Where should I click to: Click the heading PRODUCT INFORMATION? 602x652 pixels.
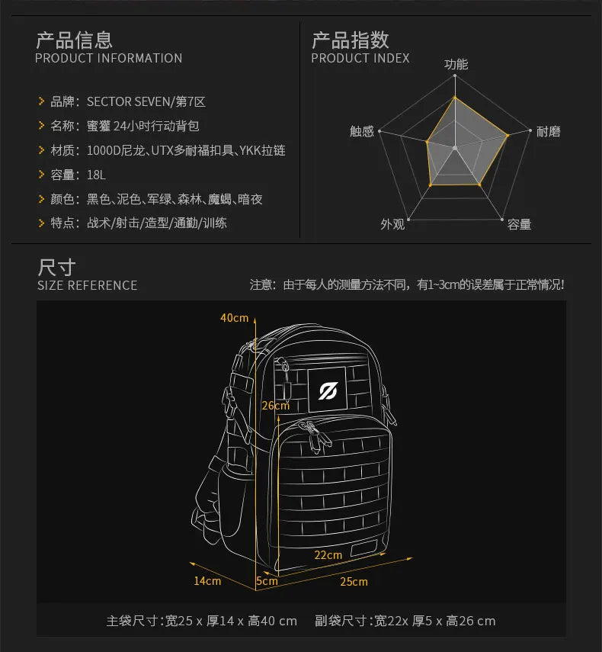pyautogui.click(x=108, y=58)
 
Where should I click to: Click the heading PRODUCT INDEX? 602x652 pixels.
pyautogui.click(x=360, y=58)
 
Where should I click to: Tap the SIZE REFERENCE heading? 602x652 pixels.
pyautogui.click(x=87, y=285)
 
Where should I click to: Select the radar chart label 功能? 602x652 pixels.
pyautogui.click(x=456, y=65)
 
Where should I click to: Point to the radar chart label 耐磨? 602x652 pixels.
pyautogui.click(x=548, y=132)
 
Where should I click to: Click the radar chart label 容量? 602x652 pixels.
pyautogui.click(x=519, y=224)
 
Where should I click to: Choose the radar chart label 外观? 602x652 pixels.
pyautogui.click(x=392, y=224)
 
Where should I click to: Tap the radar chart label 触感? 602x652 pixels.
pyautogui.click(x=362, y=132)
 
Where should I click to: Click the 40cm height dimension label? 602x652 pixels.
pyautogui.click(x=235, y=317)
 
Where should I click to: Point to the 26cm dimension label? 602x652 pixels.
pyautogui.click(x=275, y=406)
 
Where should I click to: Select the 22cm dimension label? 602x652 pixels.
pyautogui.click(x=328, y=554)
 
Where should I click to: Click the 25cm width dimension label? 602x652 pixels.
pyautogui.click(x=354, y=582)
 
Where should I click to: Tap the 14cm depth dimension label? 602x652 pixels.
pyautogui.click(x=207, y=581)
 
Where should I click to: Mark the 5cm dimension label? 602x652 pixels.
pyautogui.click(x=267, y=581)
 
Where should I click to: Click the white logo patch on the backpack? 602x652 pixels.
pyautogui.click(x=328, y=390)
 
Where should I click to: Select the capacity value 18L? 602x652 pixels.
pyautogui.click(x=96, y=175)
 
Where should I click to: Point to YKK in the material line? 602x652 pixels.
pyautogui.click(x=251, y=150)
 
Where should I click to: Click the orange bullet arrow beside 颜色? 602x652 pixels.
pyautogui.click(x=42, y=199)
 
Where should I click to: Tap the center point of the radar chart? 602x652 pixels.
pyautogui.click(x=454, y=147)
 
